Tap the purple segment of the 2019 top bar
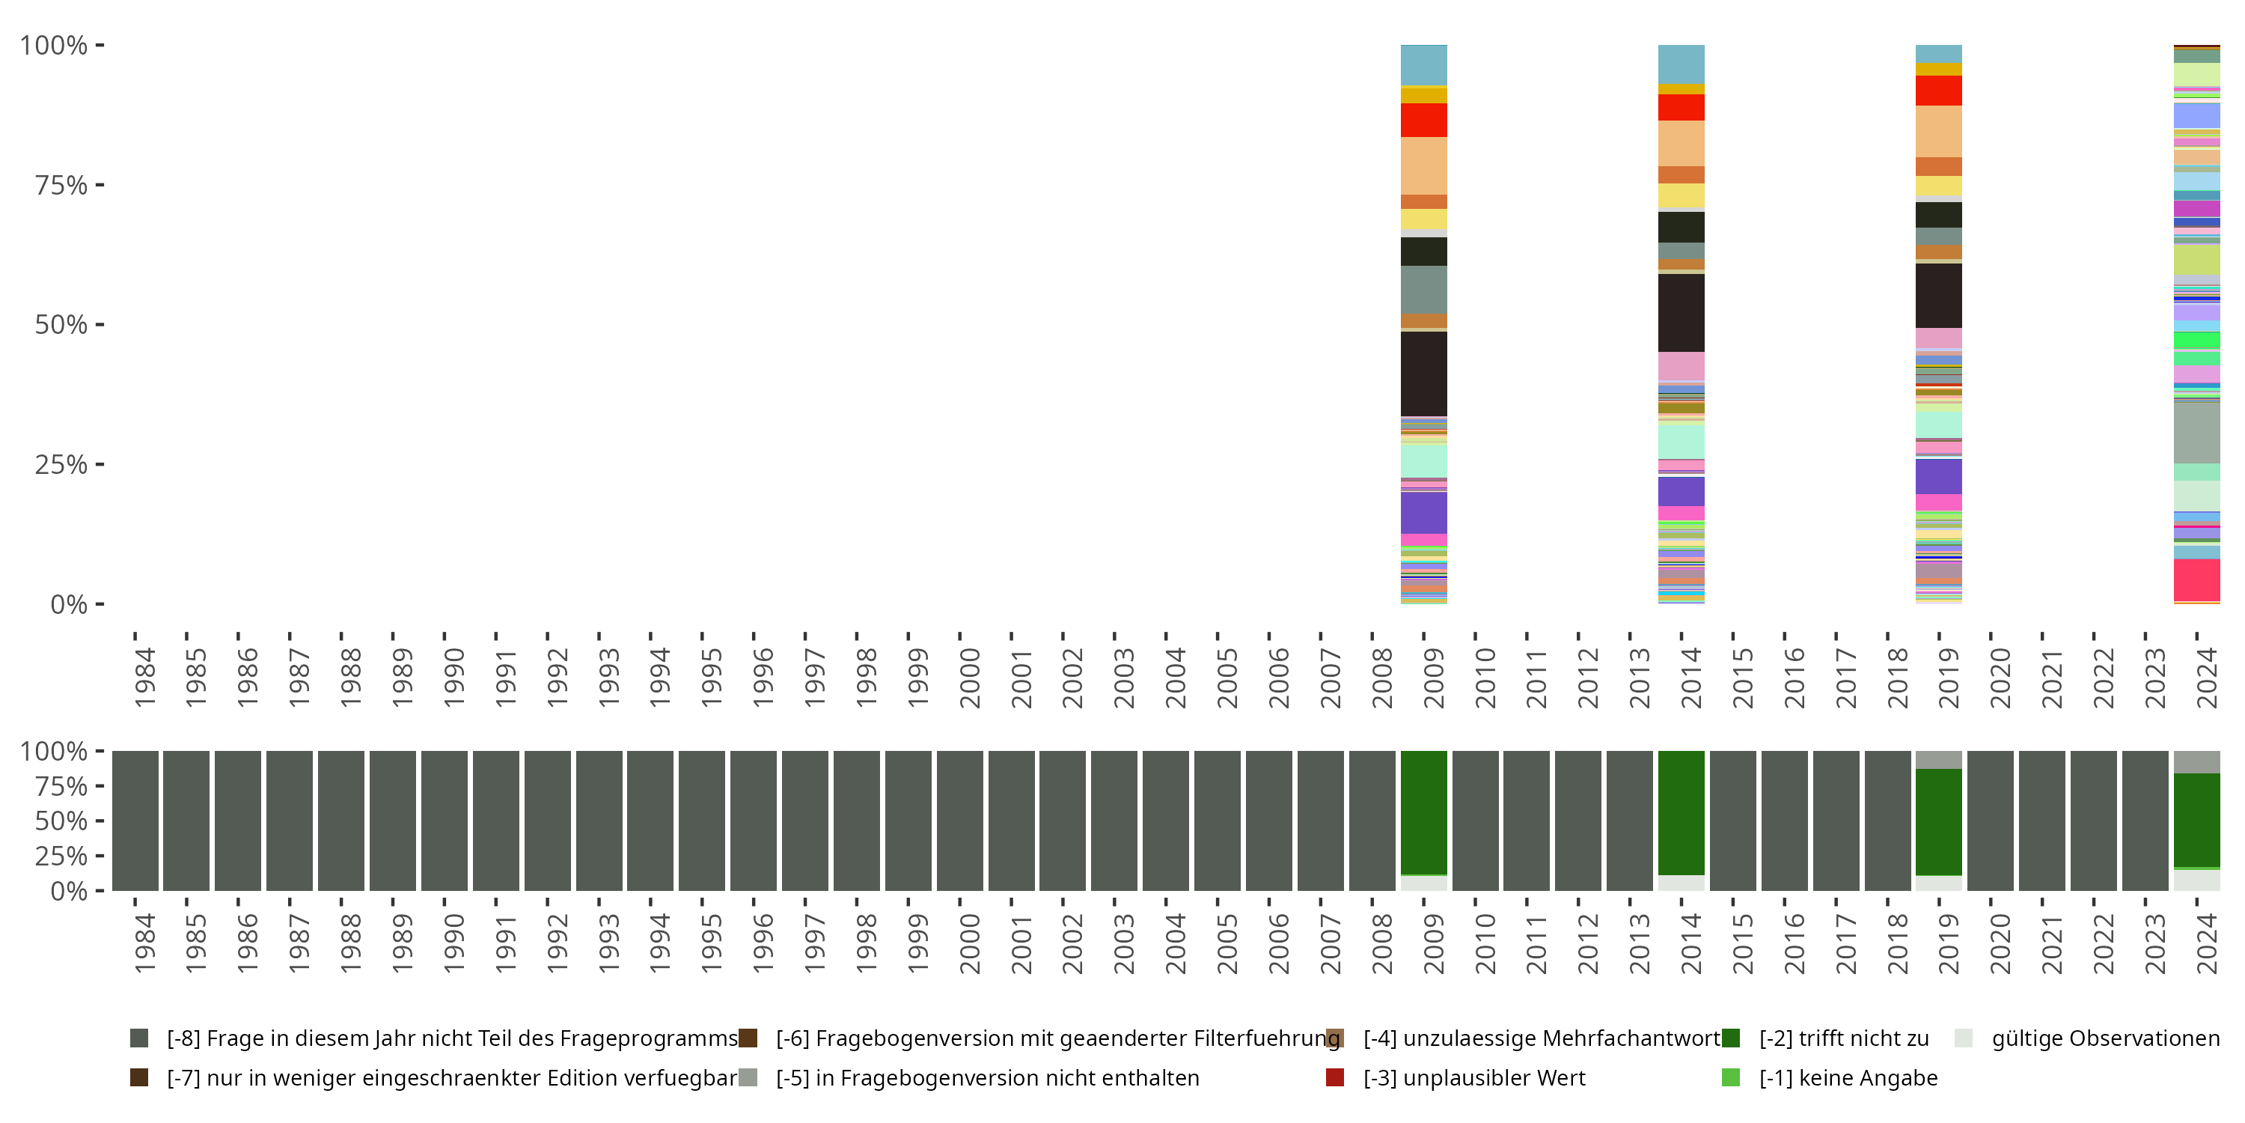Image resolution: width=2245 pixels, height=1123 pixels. (1938, 476)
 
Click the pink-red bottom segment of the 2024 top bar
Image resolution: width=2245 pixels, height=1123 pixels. (2196, 579)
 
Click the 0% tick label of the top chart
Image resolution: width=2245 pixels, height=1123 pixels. (68, 604)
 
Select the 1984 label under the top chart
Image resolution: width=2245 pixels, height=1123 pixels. (144, 678)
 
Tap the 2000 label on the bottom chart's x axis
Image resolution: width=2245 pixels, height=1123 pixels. (969, 944)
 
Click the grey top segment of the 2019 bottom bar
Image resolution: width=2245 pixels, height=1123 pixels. (1938, 759)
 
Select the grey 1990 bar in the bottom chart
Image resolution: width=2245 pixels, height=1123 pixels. (444, 821)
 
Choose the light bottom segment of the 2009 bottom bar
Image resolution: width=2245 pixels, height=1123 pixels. (1423, 883)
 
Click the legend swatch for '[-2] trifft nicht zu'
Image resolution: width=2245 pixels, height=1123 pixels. (1731, 1038)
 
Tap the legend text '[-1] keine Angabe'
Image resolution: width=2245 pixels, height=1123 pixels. (1848, 1077)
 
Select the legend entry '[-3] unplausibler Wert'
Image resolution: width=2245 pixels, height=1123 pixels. (1473, 1077)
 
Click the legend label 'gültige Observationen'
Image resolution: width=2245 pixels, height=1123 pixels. (2104, 1038)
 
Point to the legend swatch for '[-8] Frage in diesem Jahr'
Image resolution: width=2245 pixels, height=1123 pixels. (138, 1038)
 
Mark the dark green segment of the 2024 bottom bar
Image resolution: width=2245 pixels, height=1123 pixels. (2196, 820)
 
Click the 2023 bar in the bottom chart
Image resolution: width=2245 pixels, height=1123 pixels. (2145, 821)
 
